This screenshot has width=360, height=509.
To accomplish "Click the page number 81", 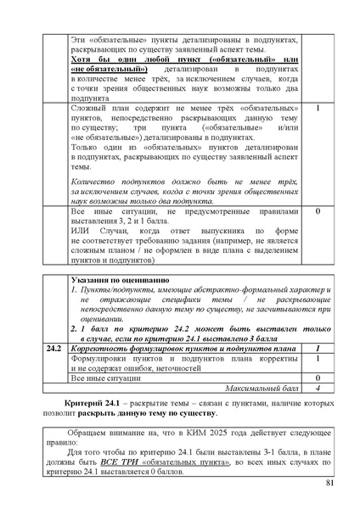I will pyautogui.click(x=329, y=484).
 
